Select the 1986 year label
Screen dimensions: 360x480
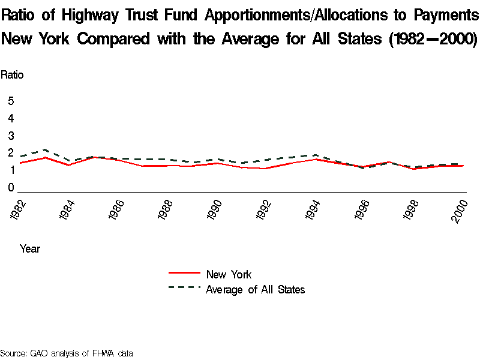[116, 211]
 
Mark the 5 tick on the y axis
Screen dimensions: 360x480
[11, 101]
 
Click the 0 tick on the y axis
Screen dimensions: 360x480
[11, 188]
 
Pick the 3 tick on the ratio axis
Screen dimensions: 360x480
[11, 136]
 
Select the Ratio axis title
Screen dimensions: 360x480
[12, 75]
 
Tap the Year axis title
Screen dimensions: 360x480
[30, 248]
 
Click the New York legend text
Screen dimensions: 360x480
[229, 275]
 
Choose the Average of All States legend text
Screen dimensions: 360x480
[256, 290]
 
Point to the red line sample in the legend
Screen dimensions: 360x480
[184, 274]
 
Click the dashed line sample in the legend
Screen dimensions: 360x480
[184, 288]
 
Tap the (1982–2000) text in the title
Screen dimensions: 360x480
[432, 40]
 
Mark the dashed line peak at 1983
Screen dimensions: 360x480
[46, 149]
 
